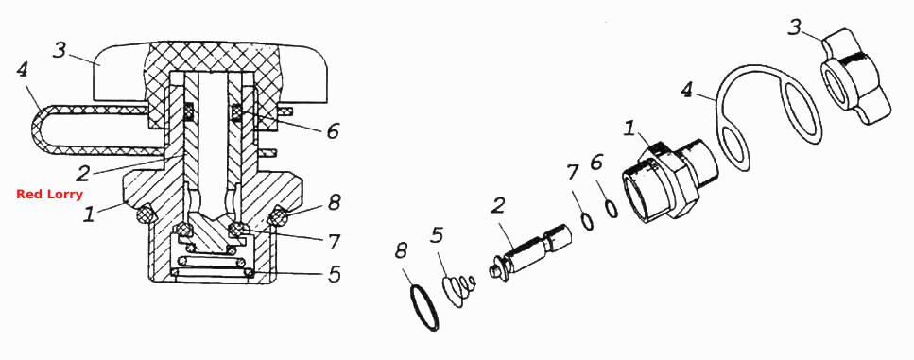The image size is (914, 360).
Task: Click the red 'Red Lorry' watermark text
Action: tap(49, 195)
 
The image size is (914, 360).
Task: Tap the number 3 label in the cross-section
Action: tap(60, 50)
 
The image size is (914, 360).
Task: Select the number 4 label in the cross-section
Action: tap(22, 71)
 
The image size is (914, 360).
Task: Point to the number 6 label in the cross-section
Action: tap(333, 131)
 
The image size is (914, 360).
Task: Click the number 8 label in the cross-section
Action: tap(334, 203)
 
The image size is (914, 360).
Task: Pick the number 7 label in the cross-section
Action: tap(335, 241)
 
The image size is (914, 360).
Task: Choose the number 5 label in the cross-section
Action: tap(334, 274)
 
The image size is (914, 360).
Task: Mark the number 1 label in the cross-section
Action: tap(89, 214)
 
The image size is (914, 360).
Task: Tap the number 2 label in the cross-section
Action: tap(83, 172)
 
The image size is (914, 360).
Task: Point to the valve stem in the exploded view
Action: tap(530, 254)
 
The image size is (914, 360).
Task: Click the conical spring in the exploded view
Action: tap(460, 290)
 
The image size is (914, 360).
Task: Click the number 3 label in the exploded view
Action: tap(795, 26)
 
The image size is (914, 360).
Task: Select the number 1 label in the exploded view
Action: tap(629, 129)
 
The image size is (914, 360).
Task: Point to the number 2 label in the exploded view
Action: tap(497, 206)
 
